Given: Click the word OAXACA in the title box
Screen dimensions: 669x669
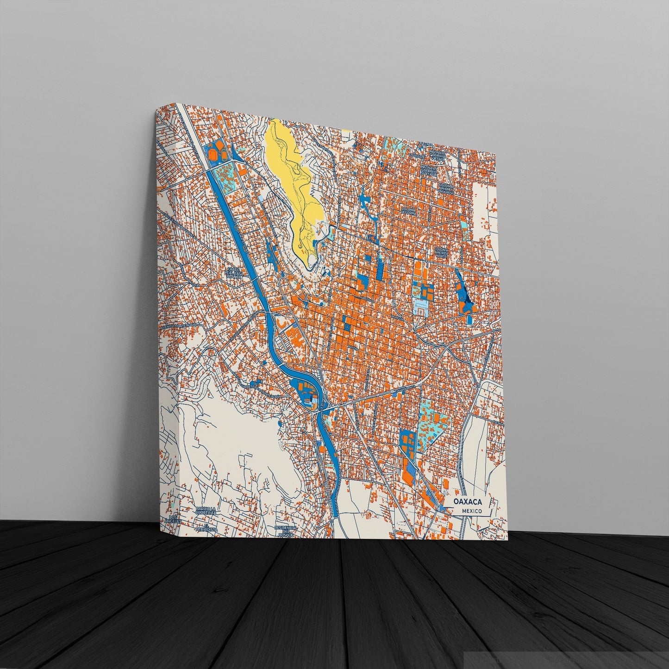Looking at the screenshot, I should (x=468, y=501).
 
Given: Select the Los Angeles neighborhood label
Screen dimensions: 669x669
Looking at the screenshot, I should (x=173, y=519).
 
